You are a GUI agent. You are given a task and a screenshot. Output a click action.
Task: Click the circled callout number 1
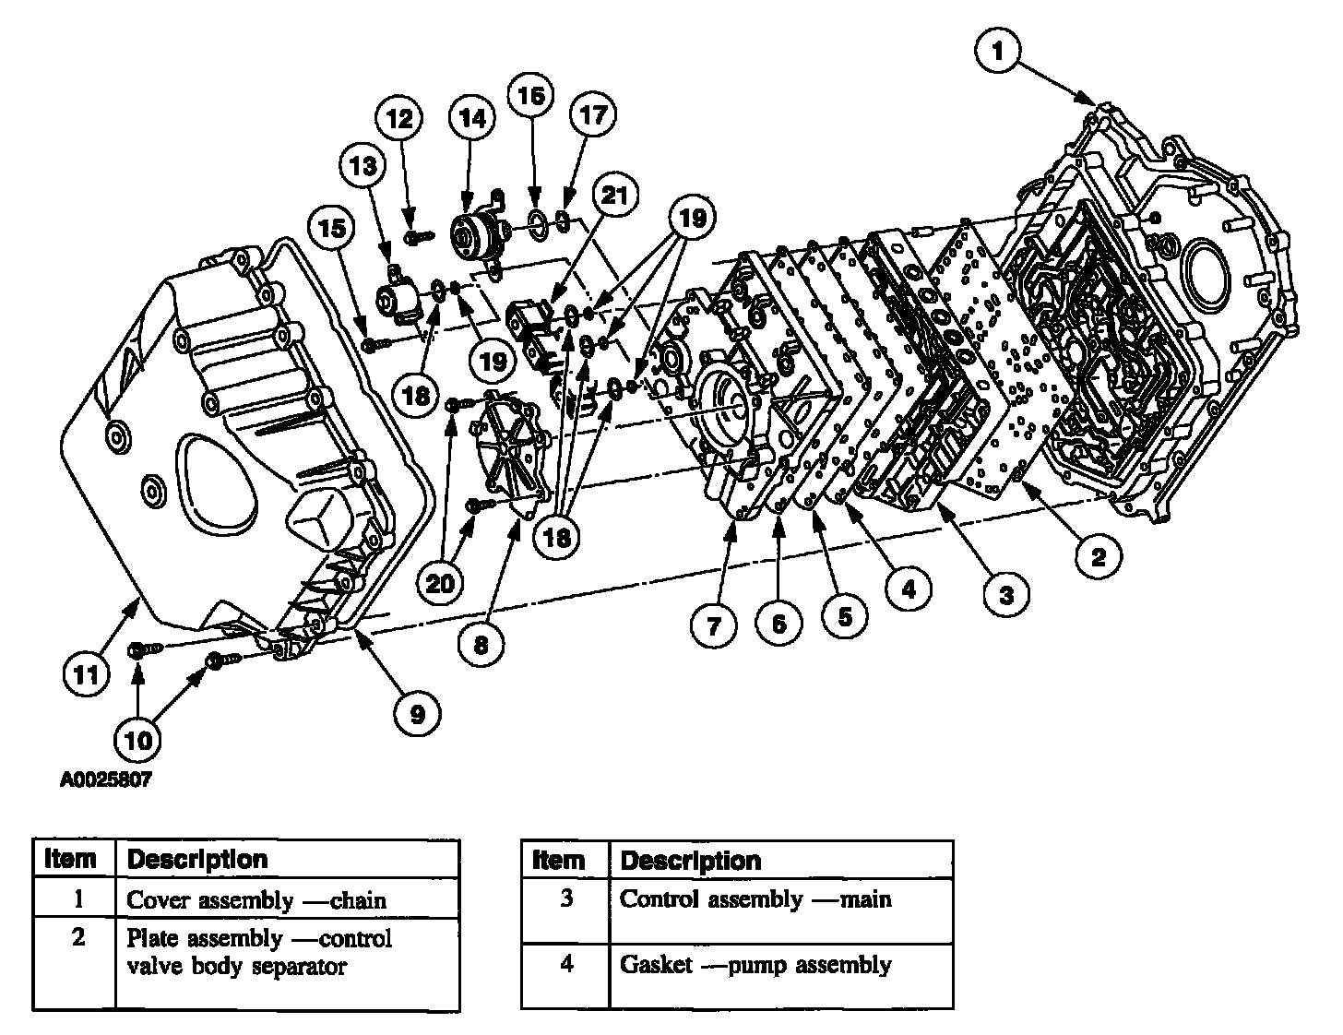coord(998,52)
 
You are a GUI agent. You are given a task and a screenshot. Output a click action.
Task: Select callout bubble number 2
coord(1098,556)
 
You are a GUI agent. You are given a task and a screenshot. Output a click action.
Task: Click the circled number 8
coord(481,643)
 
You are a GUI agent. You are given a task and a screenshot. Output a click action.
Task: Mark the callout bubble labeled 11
coord(86,674)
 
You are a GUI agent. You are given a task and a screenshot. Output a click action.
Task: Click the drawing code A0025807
coord(105,779)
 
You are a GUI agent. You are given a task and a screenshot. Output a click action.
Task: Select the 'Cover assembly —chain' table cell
coord(256,899)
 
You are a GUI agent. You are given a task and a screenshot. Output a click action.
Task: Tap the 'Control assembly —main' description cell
coord(755,898)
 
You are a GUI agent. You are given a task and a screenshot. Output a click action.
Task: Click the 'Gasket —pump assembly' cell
coord(755,965)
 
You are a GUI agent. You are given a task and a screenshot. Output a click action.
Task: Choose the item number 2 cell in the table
coord(78,939)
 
